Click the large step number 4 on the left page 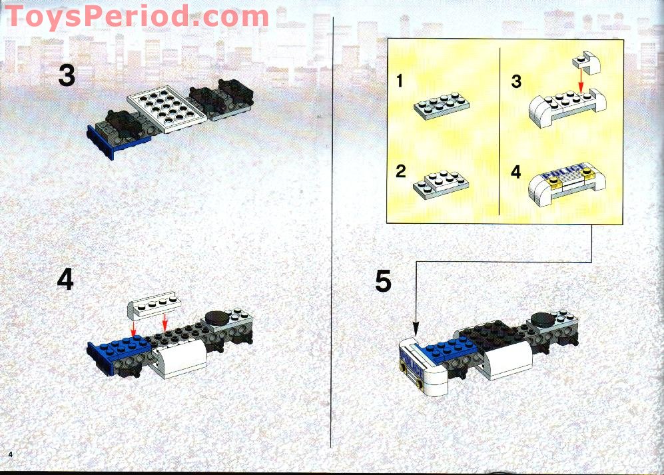coord(65,280)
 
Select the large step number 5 coord(383,281)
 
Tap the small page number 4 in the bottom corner coord(11,454)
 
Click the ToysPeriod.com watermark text coord(137,16)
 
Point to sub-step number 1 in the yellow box coord(400,82)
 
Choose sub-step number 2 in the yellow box coord(400,171)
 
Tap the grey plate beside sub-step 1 coord(442,105)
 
